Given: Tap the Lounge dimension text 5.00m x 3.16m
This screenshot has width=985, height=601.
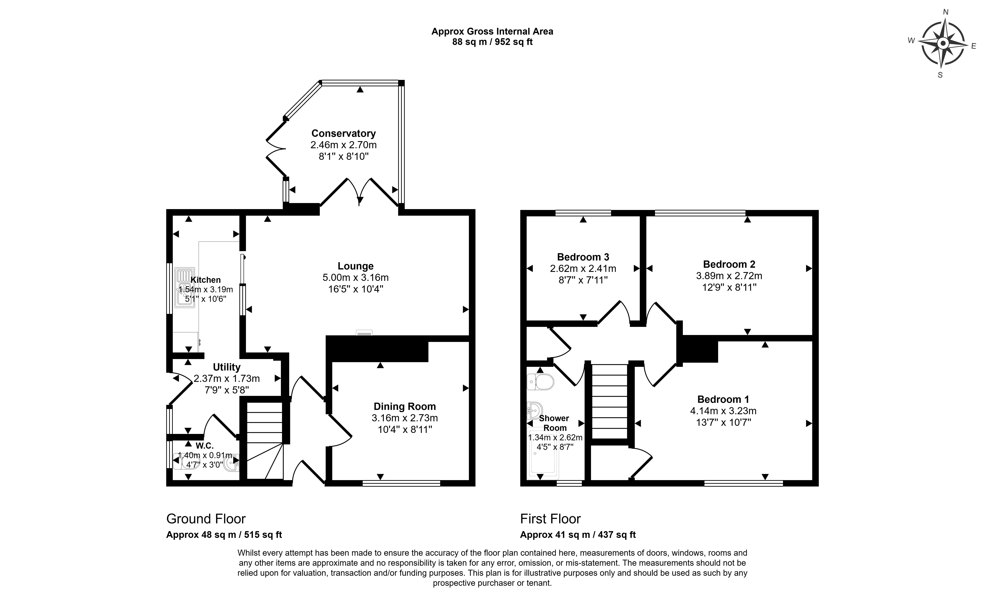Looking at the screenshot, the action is point(355,278).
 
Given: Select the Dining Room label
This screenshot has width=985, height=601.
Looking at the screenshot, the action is point(405,407).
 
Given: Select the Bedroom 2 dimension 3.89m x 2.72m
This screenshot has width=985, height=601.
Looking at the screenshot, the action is point(729,276).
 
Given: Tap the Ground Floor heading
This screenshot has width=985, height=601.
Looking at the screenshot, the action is point(206,519).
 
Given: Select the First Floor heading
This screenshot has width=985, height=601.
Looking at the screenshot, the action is point(550,519).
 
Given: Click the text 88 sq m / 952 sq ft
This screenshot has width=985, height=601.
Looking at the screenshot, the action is point(492,42).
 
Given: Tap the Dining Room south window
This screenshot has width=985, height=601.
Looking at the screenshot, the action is point(401,483).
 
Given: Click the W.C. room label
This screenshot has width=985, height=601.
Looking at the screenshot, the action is point(205,446).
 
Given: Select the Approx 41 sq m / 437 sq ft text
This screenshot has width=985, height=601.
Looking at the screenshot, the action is point(578,535).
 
